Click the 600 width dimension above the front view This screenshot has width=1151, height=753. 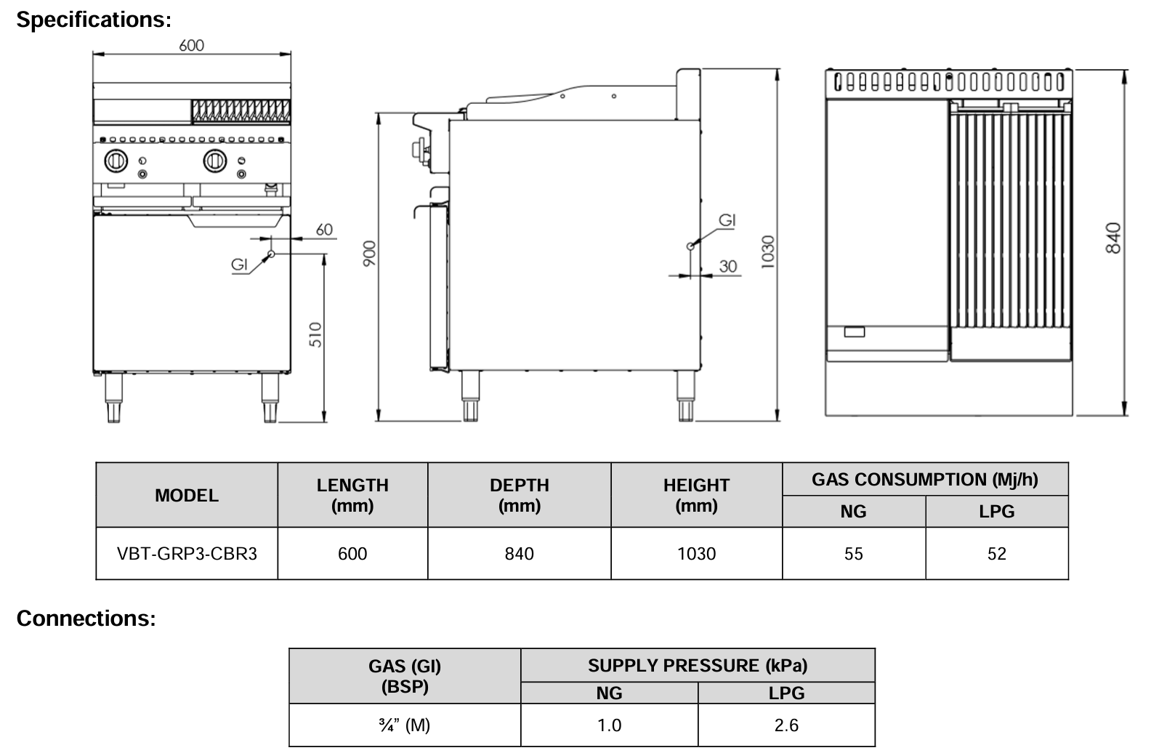click(x=192, y=45)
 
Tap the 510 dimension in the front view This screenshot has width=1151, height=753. click(x=315, y=334)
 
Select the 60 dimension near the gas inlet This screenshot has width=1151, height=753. click(x=324, y=230)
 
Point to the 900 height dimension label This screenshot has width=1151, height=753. click(x=370, y=253)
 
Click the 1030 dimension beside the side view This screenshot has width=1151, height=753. click(x=768, y=252)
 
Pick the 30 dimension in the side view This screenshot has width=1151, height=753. click(x=728, y=267)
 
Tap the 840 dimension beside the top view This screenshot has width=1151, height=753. click(x=1113, y=238)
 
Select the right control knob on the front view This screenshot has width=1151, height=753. click(x=214, y=161)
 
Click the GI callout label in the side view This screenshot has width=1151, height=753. click(x=727, y=220)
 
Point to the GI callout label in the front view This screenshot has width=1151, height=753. click(x=240, y=265)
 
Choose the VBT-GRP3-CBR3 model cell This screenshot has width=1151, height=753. click(x=187, y=554)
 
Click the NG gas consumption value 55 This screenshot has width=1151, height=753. click(x=854, y=554)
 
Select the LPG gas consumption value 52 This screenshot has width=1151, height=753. click(x=997, y=554)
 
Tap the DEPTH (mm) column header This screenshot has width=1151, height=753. click(x=520, y=495)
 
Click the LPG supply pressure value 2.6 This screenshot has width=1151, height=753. click(x=786, y=725)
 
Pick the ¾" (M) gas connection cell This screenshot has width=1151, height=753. click(x=405, y=725)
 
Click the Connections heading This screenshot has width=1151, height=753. click(x=86, y=619)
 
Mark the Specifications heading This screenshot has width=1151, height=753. click(x=94, y=20)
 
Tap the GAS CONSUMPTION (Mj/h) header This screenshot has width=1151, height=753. click(x=925, y=480)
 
